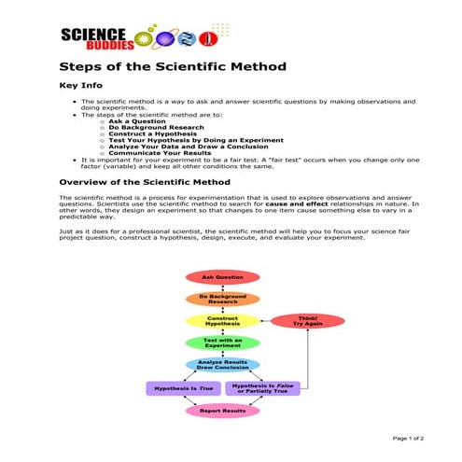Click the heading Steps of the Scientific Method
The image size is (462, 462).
coord(173,67)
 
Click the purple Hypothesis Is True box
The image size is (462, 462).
coord(181,386)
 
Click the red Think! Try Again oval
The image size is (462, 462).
coord(307,321)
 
